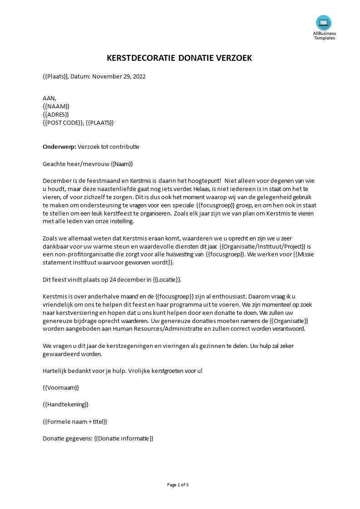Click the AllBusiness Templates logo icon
[x=324, y=22]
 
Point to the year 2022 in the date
[x=138, y=76]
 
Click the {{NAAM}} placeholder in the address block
[x=56, y=106]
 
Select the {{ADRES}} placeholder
[x=56, y=114]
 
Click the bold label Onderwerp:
[x=59, y=147]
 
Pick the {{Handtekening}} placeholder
[x=65, y=404]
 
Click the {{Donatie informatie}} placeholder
[x=123, y=438]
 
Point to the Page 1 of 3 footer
[x=178, y=485]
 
